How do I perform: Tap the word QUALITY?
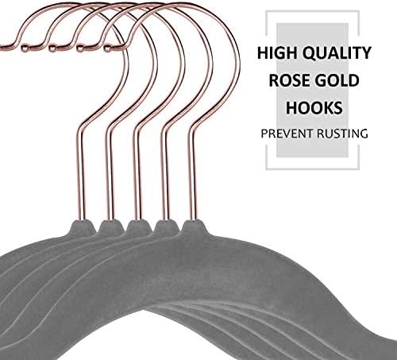point(337,53)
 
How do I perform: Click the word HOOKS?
point(314,108)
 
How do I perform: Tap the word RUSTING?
point(342,134)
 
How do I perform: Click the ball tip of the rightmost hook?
point(107,48)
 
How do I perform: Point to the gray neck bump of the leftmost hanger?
point(82,227)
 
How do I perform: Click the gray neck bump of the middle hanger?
point(137,227)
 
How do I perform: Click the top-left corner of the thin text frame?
point(266,11)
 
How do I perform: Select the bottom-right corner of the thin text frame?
point(359,168)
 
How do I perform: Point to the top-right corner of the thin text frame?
point(359,11)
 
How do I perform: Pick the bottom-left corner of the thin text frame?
point(266,168)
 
